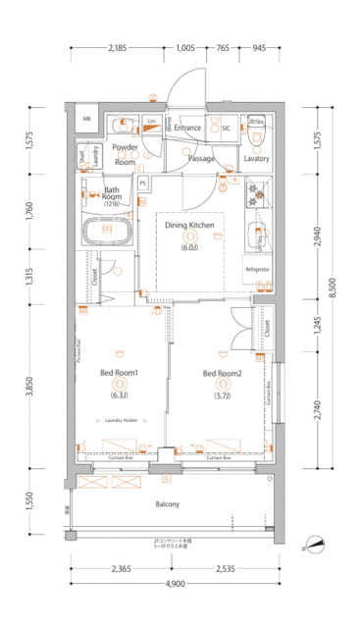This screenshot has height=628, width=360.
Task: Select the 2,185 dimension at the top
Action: pos(118,48)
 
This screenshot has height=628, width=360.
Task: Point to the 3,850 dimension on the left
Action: pos(30,386)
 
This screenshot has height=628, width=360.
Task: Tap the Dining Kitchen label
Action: pos(189,226)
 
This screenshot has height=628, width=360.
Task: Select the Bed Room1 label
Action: pos(120,373)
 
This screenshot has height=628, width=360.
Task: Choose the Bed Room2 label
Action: pos(222,373)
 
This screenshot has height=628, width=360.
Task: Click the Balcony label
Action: pos(167,504)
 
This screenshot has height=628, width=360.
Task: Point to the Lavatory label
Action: pos(256,158)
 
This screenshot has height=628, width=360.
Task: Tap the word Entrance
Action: pos(188,128)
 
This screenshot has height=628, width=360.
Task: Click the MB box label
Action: pos(86,120)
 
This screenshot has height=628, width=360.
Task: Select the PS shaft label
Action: pos(143,183)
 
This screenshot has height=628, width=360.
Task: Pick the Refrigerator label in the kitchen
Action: pos(257,268)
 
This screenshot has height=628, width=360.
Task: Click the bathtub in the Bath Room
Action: pos(104,235)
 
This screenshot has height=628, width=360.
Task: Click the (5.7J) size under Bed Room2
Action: pos(222,395)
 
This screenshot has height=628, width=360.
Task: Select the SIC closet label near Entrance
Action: pos(225,128)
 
